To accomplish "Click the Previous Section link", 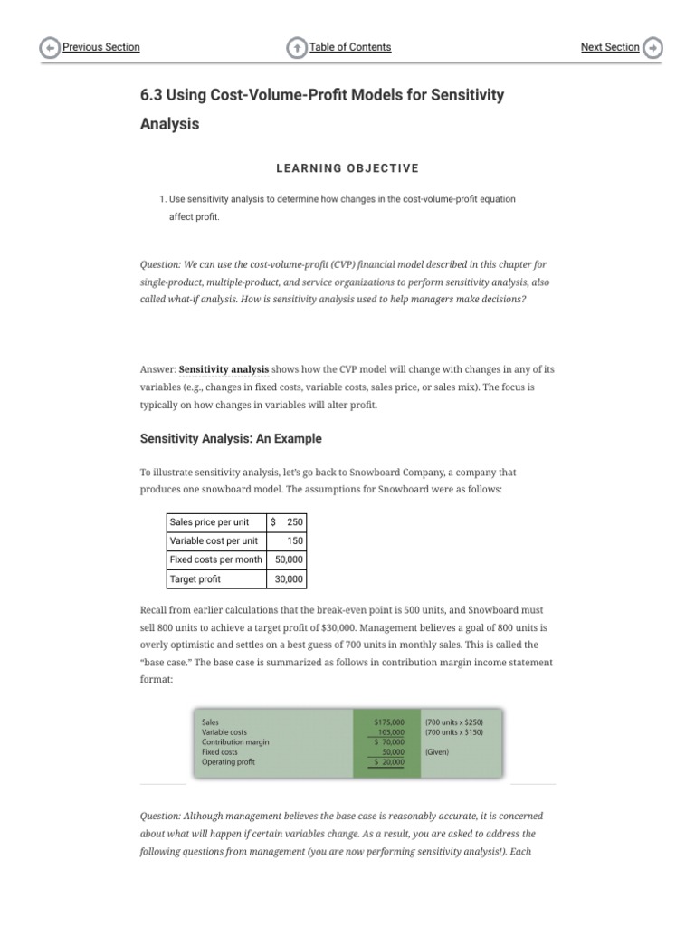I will coord(100,47).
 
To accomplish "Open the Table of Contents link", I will coord(349,47).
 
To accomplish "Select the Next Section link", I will coord(609,47).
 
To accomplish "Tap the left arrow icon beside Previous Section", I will coord(51,48).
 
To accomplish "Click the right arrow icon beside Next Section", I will coord(653,48).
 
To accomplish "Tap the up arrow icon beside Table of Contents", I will coord(297,48).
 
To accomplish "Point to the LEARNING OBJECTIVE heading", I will coord(347,168).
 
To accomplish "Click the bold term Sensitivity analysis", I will coord(224,369).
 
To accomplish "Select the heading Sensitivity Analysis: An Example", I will coord(231,439).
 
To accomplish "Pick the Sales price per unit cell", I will coord(215,522).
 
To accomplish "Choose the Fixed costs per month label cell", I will coord(215,560).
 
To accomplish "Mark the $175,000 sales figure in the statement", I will coord(389,722).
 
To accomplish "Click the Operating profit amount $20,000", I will coord(389,762).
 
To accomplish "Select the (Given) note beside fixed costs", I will coord(436,752).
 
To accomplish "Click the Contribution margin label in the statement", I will coord(235,742).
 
